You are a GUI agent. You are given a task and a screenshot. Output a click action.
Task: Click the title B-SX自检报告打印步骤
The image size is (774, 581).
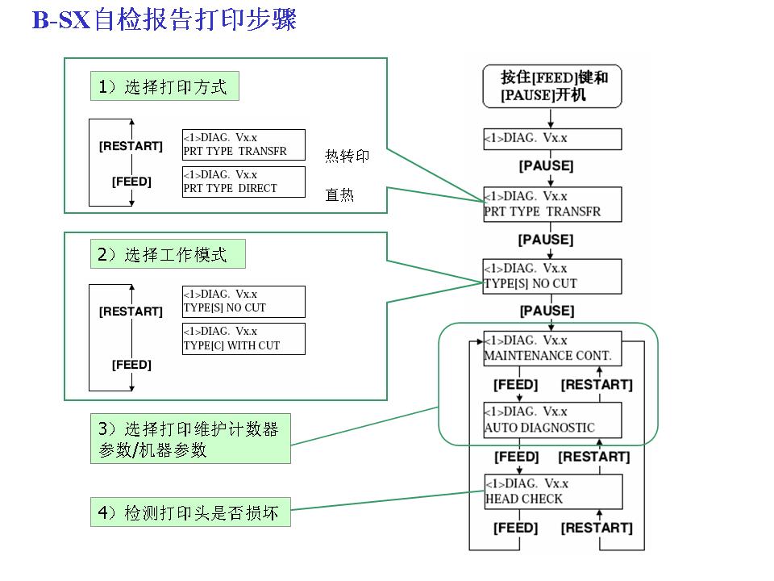click(x=164, y=19)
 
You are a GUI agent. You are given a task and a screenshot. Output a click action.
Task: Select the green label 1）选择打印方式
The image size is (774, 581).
click(x=164, y=87)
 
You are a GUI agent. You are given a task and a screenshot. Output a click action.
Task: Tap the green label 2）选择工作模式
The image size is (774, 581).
click(x=167, y=256)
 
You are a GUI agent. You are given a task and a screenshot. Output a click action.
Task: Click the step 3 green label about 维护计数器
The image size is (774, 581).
click(x=189, y=440)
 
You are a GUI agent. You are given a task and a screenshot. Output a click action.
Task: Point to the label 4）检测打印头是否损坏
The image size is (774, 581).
click(x=189, y=512)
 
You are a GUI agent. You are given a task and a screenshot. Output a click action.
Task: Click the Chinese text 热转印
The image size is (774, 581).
click(x=347, y=157)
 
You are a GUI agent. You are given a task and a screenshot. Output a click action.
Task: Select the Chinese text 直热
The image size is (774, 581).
click(x=339, y=195)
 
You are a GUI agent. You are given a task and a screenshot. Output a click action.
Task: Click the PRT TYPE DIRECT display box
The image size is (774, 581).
click(x=243, y=182)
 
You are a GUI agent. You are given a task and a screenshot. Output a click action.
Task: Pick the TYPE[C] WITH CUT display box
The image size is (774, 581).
click(x=243, y=339)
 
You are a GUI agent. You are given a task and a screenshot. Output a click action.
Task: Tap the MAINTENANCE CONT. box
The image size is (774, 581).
click(x=552, y=348)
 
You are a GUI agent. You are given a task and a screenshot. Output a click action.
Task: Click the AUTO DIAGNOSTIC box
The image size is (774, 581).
click(x=552, y=420)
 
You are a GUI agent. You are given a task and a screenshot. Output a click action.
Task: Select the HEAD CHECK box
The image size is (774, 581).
click(x=552, y=491)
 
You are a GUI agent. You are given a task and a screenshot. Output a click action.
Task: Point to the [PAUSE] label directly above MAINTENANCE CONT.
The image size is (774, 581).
click(x=547, y=311)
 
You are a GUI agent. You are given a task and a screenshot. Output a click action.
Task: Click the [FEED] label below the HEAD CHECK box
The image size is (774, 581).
click(x=516, y=528)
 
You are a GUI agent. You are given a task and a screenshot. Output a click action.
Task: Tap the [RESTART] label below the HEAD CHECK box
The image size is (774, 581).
click(x=597, y=528)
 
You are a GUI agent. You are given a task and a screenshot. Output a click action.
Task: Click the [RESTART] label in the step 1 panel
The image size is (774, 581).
click(x=131, y=146)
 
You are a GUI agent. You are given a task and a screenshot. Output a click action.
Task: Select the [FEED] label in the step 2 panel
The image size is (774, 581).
click(x=131, y=365)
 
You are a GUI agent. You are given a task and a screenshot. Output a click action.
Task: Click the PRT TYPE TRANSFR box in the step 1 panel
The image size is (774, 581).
click(x=243, y=144)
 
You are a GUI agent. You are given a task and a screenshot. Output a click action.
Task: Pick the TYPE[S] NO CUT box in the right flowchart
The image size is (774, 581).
click(x=552, y=276)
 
